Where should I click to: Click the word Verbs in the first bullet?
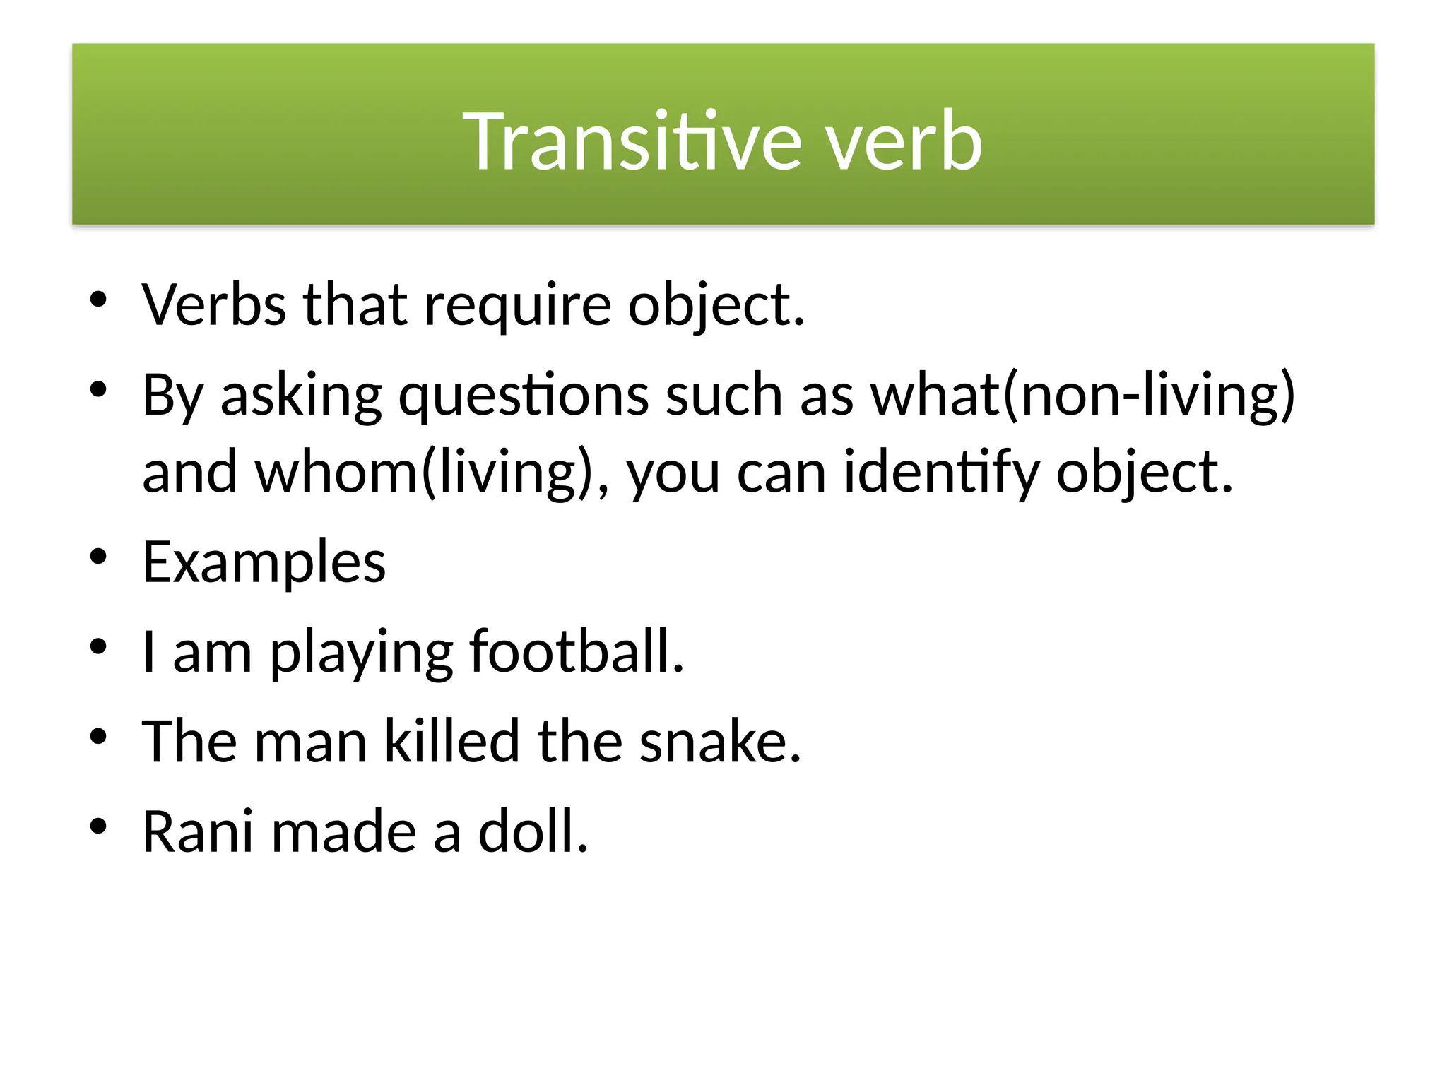[214, 304]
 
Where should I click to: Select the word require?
[517, 306]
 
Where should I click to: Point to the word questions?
[523, 396]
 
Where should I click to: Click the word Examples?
[264, 562]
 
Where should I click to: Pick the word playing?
[361, 652]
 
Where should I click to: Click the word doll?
[533, 831]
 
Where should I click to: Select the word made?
[344, 831]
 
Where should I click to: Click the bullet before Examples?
[98, 557]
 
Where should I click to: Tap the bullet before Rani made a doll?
[98, 826]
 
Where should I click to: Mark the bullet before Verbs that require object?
[98, 300]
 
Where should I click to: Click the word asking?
[301, 396]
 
